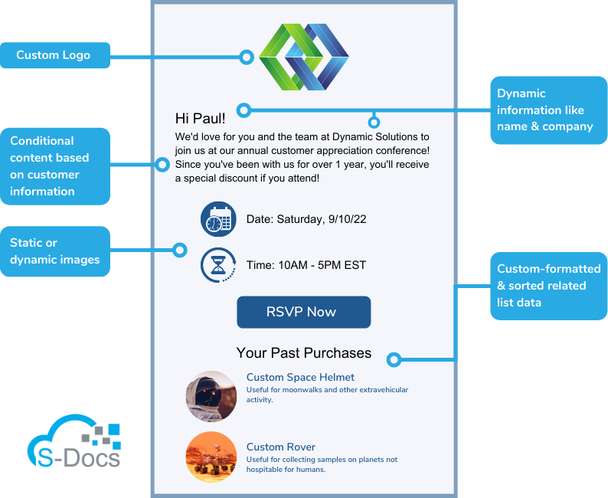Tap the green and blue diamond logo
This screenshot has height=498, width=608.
coord(303,57)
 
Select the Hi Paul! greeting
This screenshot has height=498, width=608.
coord(201,118)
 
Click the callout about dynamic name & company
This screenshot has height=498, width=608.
coord(548,110)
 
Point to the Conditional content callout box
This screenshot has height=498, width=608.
coord(55,166)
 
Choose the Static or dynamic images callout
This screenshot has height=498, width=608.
coord(55,251)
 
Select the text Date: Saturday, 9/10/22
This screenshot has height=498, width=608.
coord(306,219)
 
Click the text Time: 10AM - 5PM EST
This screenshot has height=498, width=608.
coord(306,265)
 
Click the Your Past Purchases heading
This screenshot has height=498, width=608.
coord(304,353)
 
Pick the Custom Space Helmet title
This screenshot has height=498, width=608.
coord(300,377)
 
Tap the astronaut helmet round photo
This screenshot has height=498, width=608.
coord(211,396)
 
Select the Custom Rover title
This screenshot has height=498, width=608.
coord(280,447)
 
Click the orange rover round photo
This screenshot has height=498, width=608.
coord(211,457)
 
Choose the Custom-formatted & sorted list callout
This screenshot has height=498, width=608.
coord(548,286)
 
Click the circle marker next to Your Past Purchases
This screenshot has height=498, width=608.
coord(394,359)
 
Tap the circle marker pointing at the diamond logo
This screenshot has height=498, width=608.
coord(246,56)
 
